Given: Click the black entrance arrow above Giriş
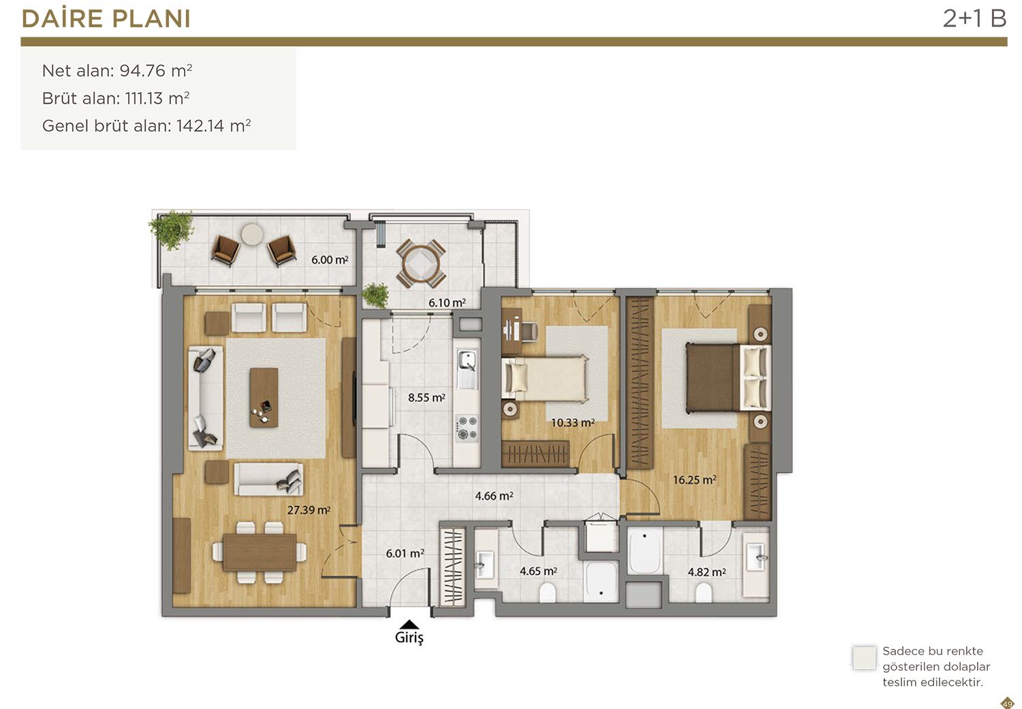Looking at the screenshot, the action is point(409,624).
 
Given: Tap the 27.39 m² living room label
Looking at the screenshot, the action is point(309,510).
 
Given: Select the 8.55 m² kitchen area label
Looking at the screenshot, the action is point(427,397).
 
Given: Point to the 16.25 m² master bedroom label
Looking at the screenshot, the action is point(694,480).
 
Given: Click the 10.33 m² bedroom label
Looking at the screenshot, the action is point(572,423).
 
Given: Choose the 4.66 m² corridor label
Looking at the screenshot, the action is point(494,496).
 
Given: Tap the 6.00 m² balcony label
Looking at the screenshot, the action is point(330,260).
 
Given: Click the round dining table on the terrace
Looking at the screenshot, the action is point(421,263).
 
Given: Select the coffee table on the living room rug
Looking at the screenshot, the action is point(264,397).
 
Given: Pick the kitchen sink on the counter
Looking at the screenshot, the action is point(467,368).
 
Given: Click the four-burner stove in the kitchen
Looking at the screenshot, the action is point(467,427).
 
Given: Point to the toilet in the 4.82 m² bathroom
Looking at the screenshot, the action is point(704,592).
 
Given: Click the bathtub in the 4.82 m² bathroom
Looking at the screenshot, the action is point(645,551).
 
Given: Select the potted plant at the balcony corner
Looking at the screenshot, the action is point(172,229).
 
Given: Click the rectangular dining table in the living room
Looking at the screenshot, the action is point(259,552).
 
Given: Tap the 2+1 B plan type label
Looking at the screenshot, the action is point(974,18).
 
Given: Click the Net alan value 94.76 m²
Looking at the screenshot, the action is point(155,71).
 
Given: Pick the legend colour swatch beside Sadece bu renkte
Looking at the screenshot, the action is point(864,658).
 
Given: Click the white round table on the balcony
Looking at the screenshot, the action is point(252,235).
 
